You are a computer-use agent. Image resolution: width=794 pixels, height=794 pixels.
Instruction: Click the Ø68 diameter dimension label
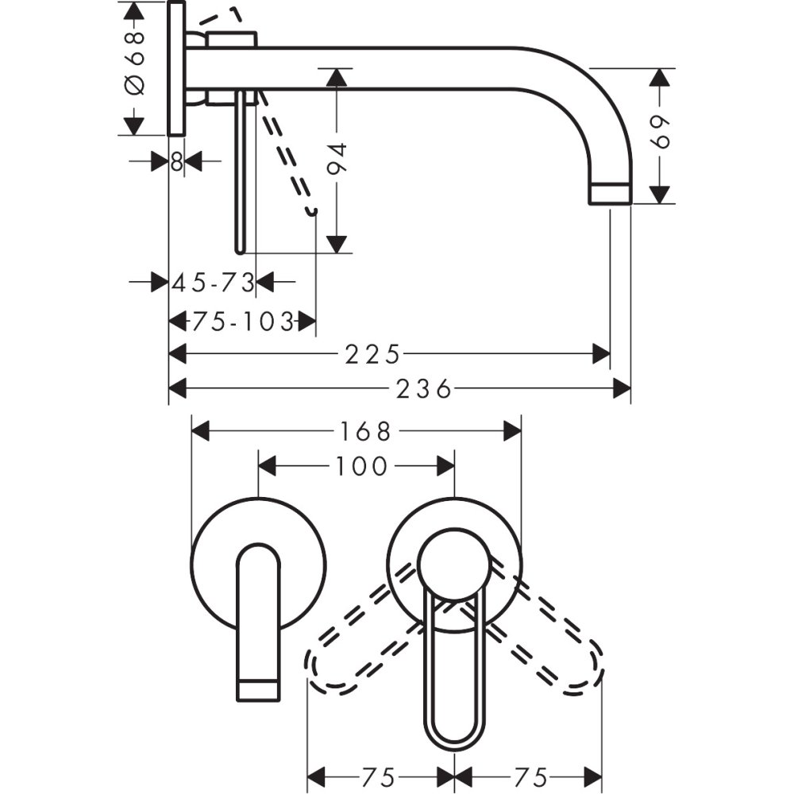tap(134, 64)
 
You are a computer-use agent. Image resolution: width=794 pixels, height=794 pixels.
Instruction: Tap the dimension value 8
tap(176, 162)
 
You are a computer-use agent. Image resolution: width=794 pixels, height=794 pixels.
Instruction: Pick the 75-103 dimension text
tap(241, 322)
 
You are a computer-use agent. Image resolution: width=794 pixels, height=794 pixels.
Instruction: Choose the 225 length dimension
tap(372, 353)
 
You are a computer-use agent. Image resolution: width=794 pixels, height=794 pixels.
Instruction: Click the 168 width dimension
tap(367, 431)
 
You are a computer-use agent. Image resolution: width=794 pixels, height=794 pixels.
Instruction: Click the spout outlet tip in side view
tap(611, 194)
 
